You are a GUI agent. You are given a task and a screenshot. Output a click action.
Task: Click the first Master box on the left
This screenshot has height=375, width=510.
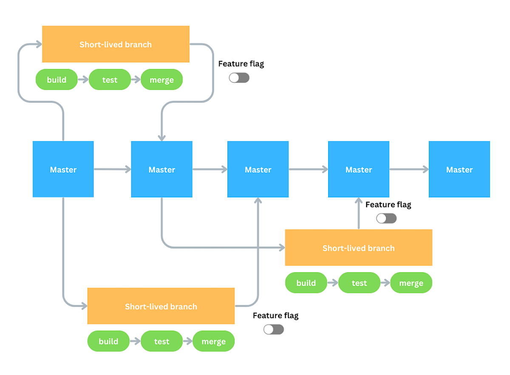[x=63, y=169]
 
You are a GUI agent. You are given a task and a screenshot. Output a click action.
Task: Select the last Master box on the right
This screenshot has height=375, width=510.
[x=459, y=169]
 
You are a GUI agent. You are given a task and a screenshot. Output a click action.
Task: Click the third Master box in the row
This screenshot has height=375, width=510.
[x=258, y=169]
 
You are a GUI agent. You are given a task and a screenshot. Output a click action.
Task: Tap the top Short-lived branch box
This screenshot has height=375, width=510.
[x=116, y=44]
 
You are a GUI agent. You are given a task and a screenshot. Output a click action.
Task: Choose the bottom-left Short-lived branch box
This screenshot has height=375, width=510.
[x=161, y=306]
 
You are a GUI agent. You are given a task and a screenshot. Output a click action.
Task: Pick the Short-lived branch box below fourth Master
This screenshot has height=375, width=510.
[x=358, y=248]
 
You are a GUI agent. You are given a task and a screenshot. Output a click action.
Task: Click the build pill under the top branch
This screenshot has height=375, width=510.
[x=57, y=80]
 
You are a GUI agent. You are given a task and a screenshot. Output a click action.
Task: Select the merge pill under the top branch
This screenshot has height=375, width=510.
[x=161, y=80]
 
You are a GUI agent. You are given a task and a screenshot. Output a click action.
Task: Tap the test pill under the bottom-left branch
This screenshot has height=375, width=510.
[x=161, y=341]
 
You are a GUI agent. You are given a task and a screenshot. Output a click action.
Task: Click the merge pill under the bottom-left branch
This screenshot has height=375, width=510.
[x=213, y=341]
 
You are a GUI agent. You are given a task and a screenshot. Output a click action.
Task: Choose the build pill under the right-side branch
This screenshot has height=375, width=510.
[x=306, y=283]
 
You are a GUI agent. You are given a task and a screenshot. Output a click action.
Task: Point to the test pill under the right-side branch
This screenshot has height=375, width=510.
[x=359, y=283]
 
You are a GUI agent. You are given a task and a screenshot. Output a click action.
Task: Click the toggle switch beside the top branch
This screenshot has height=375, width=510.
[x=239, y=78]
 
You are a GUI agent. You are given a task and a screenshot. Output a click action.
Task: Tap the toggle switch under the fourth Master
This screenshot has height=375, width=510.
[x=386, y=218]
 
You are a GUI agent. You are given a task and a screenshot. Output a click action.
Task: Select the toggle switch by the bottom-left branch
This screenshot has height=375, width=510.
[x=273, y=329]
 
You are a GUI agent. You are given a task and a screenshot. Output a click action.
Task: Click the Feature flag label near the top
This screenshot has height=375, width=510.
[x=241, y=64]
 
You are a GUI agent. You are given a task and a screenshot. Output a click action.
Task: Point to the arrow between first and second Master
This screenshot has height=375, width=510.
[x=112, y=169]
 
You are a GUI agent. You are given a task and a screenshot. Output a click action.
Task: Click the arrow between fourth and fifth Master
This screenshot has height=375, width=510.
[x=409, y=169]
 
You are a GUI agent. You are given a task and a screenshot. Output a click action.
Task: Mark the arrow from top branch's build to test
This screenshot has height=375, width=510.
[x=83, y=80]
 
